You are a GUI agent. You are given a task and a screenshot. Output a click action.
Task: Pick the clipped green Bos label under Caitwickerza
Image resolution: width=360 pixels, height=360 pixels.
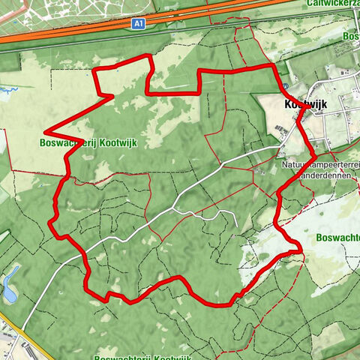pos(351,35)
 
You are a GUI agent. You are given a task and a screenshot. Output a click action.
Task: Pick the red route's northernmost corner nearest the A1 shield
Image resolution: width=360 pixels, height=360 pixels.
pos(149,56)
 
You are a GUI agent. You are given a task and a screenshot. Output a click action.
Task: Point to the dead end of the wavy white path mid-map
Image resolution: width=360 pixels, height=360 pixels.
pos(236,225)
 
